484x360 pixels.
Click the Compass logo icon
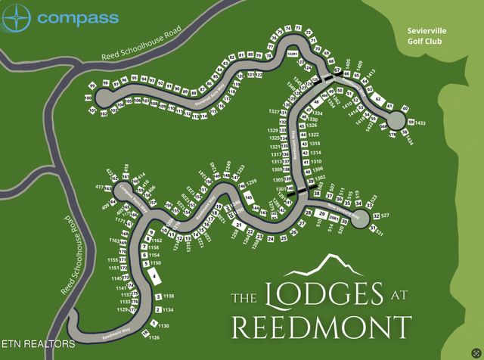point(16,18)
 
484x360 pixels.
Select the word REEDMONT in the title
point(321,327)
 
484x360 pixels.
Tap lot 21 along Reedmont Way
point(238,225)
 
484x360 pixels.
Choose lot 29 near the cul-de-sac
point(322,216)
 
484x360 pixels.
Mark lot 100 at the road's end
point(88,98)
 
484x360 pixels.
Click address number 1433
point(420,123)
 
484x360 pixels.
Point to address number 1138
point(169,296)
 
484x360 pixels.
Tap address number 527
point(385,216)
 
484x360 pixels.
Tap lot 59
point(411,123)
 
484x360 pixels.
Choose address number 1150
point(157,264)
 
